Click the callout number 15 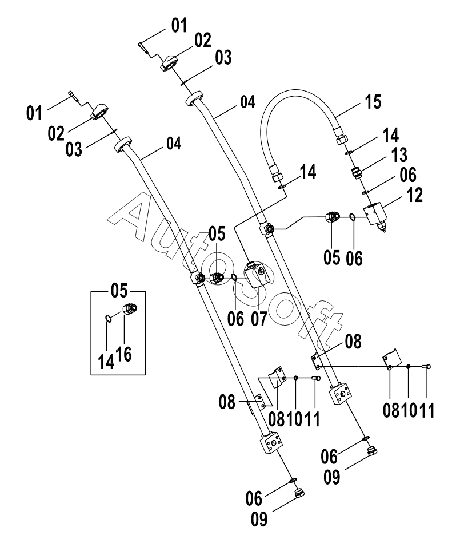tap(373, 102)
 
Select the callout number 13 tap(399, 155)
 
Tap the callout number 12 tap(415, 195)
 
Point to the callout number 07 tap(259, 319)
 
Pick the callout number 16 tap(124, 354)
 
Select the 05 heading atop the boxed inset tap(119, 290)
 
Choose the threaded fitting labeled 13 tap(357, 172)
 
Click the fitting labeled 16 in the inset tap(130, 308)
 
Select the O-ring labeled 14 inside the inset tap(108, 318)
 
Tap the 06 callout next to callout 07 tap(235, 319)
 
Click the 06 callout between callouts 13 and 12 tap(408, 175)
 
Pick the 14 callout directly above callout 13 tap(391, 135)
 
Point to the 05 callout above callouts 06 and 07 tap(217, 233)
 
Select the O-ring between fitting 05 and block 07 tap(234, 276)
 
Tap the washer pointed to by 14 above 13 tap(348, 152)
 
